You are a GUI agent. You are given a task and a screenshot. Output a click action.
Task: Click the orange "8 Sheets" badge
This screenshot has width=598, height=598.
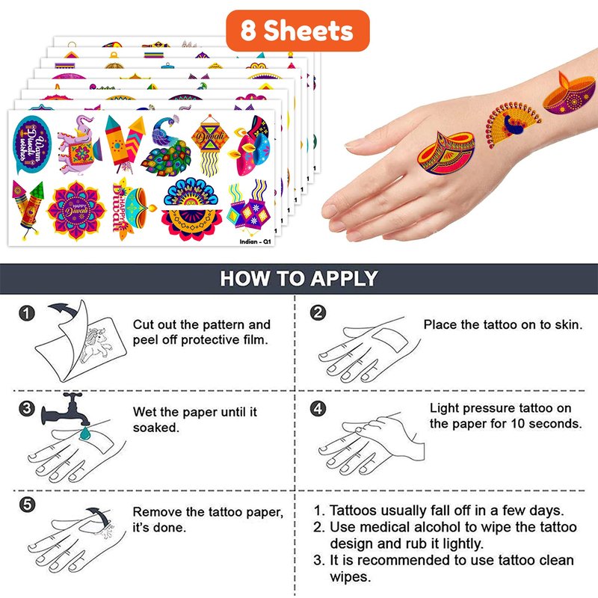298,31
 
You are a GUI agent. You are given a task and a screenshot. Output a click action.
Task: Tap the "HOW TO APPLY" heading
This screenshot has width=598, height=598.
299,278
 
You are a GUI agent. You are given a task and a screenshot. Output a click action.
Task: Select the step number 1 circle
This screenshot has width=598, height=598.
27,313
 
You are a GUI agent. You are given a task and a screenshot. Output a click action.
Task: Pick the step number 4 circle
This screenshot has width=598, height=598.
318,409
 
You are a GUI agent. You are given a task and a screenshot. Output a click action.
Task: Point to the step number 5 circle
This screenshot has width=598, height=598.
27,505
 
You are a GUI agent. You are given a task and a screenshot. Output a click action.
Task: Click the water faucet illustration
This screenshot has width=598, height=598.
65,409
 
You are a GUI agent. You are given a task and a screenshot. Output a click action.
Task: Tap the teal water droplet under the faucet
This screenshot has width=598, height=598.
84,433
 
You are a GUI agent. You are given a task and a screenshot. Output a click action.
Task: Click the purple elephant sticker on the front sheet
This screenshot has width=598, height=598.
79,145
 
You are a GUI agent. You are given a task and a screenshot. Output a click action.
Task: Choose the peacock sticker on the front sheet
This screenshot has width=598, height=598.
166,146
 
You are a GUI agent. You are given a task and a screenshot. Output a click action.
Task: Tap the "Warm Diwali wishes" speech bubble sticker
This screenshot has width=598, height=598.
31,145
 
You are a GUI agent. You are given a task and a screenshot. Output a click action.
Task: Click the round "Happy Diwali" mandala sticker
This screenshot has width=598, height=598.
76,211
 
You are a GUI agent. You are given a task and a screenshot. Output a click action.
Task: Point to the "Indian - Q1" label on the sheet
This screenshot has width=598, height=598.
255,241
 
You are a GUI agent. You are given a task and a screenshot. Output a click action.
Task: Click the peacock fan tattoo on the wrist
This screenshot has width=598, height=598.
511,124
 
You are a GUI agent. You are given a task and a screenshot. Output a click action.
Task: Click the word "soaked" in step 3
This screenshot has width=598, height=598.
156,428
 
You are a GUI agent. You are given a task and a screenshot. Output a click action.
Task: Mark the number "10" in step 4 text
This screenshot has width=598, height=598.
518,424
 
